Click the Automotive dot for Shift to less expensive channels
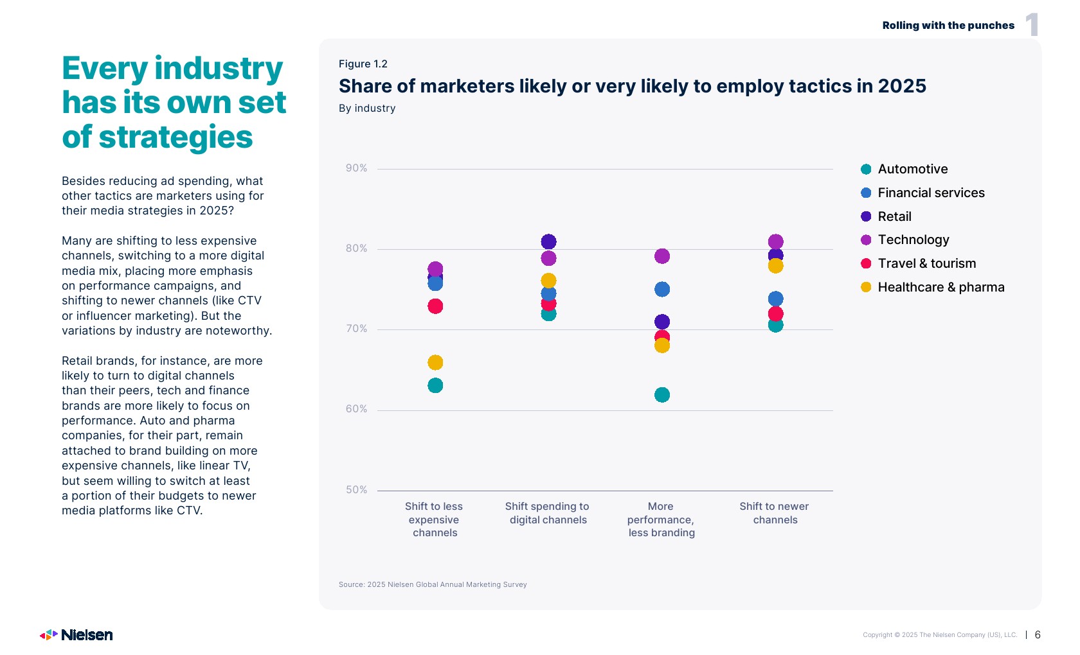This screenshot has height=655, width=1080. pos(435,385)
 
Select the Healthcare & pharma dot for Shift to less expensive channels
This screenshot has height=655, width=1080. pos(435,363)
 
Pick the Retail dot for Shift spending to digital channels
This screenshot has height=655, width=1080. pos(548,241)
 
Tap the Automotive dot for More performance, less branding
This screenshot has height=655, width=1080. pos(662,395)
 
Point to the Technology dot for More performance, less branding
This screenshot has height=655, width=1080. pos(662,256)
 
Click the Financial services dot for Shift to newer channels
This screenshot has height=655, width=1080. pos(776,299)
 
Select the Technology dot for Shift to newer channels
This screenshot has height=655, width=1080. pos(776,241)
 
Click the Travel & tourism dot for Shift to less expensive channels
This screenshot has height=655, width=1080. pos(435,306)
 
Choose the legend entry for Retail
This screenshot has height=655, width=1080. pos(894,216)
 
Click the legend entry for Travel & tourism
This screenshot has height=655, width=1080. pos(926,263)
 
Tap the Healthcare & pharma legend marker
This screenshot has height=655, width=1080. pos(866,287)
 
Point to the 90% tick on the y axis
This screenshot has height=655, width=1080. pos(356,168)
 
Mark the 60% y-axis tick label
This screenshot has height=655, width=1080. pos(356,409)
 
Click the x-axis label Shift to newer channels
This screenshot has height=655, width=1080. pos(775,513)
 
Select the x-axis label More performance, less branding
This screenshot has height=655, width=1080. pos(661,520)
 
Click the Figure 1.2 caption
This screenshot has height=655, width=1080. pos(363,64)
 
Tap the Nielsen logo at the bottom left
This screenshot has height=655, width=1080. pos(76,635)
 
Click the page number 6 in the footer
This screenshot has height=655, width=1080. pos(1038,634)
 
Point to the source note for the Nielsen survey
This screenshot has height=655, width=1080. pos(433,584)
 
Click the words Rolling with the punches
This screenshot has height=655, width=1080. pos(948,26)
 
